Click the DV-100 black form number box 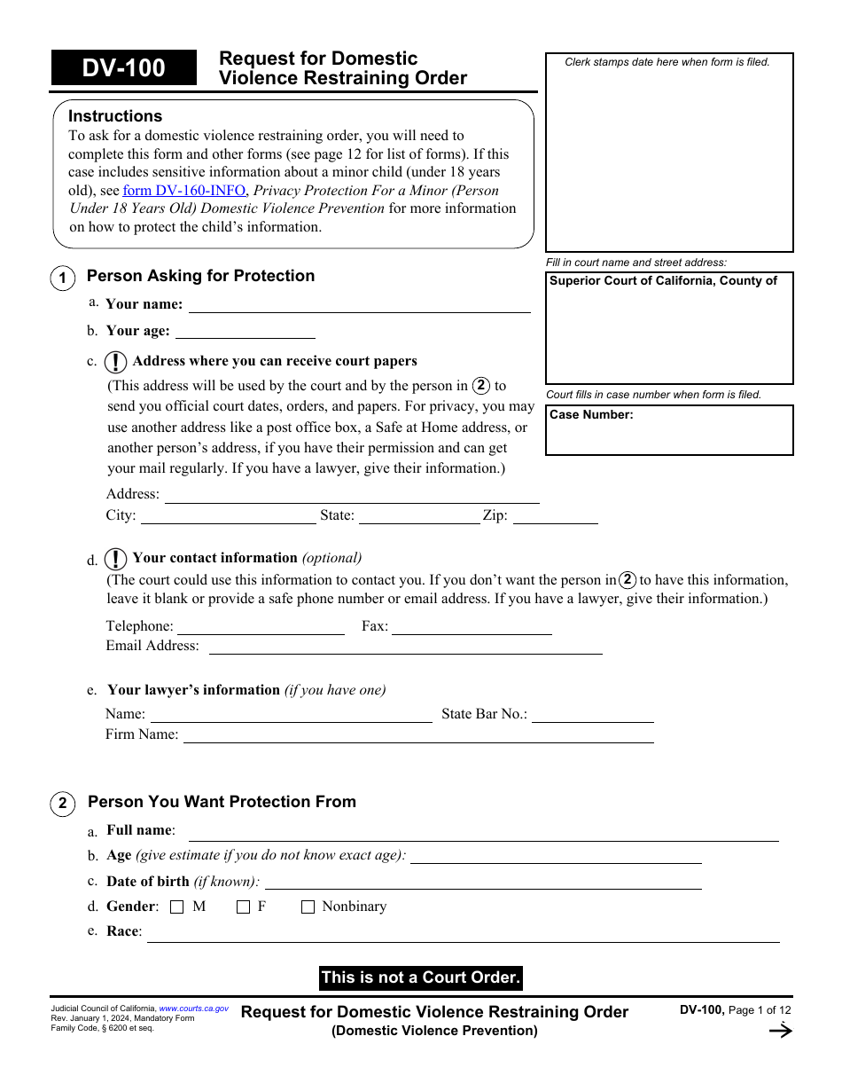(124, 67)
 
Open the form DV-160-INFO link (183, 191)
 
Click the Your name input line (359, 304)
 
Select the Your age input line (246, 331)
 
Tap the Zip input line (556, 516)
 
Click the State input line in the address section (418, 516)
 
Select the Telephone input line (261, 627)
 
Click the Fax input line (472, 627)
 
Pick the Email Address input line (405, 647)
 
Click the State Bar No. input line (592, 715)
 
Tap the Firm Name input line (418, 735)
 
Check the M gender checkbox (177, 907)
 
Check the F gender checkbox (243, 907)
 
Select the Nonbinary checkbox (308, 907)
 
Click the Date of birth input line (483, 882)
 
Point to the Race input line (463, 933)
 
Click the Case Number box (669, 430)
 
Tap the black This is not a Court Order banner (421, 977)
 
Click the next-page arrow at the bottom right (780, 1031)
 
